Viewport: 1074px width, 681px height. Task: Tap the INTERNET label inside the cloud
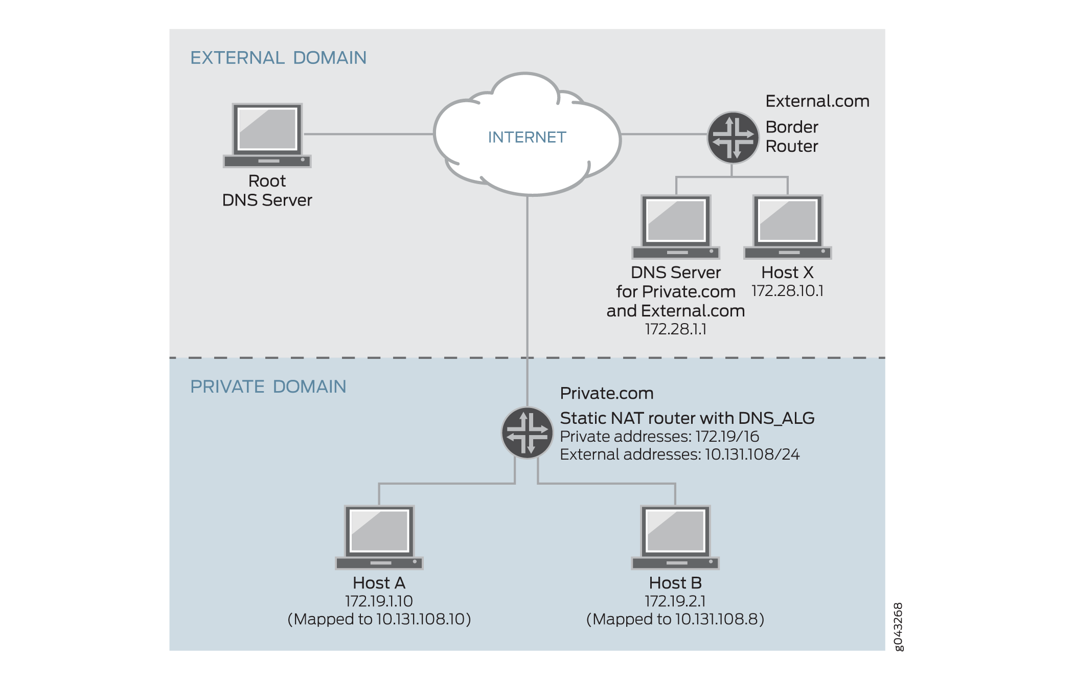click(527, 137)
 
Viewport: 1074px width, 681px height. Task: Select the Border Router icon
click(733, 138)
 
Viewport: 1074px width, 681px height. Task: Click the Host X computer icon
click(787, 226)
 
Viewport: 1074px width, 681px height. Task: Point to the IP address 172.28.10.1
click(787, 291)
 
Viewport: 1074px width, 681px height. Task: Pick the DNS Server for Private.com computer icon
click(675, 226)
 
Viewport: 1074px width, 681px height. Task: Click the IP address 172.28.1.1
click(675, 329)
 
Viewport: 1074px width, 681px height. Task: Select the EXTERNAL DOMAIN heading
click(278, 58)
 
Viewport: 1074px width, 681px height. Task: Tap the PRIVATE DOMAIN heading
click(268, 387)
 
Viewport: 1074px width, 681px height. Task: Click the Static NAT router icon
click(527, 433)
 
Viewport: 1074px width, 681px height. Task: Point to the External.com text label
click(817, 101)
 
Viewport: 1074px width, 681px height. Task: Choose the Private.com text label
click(606, 393)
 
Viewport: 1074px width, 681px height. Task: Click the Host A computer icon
click(379, 537)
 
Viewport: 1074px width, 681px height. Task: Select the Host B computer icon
click(675, 537)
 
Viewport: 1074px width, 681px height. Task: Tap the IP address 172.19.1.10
click(379, 601)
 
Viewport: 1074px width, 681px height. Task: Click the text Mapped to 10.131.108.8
click(675, 619)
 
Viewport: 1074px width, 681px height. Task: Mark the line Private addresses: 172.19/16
click(659, 437)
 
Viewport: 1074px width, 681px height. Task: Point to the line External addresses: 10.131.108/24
click(679, 455)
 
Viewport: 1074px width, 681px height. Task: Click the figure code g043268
click(898, 627)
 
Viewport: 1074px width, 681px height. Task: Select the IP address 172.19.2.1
click(675, 601)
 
